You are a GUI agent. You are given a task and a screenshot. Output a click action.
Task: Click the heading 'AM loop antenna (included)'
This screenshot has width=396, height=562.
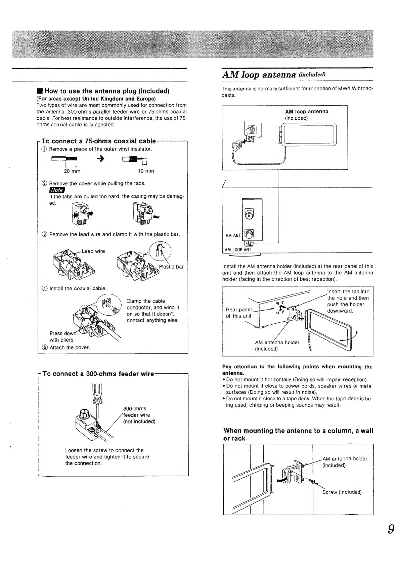pos(274,74)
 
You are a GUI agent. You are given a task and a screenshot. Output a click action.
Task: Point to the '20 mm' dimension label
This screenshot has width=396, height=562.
pos(72,171)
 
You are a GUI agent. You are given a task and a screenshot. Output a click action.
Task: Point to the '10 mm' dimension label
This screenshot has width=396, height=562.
pos(146,171)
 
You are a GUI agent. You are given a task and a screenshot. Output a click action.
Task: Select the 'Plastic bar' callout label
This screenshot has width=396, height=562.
pos(171,267)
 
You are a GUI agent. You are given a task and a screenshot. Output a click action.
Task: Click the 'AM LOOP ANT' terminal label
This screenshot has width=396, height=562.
pos(238,250)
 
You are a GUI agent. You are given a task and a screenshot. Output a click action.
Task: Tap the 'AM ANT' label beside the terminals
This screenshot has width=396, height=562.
pos(233,236)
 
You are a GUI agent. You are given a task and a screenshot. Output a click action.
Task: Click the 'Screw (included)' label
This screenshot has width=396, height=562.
pos(342,492)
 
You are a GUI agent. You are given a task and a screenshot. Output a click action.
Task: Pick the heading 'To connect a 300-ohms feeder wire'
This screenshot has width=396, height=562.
pos(98,374)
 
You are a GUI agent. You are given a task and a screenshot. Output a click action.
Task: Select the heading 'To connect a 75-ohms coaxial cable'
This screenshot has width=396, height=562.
pos(99,141)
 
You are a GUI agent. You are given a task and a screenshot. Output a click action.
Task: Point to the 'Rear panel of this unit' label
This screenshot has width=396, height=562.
pos(238,313)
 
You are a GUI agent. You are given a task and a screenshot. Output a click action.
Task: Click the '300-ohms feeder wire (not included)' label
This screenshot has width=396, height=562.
pos(139,415)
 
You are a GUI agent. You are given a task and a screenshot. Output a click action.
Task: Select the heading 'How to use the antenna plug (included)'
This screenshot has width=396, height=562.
pos(106,91)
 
